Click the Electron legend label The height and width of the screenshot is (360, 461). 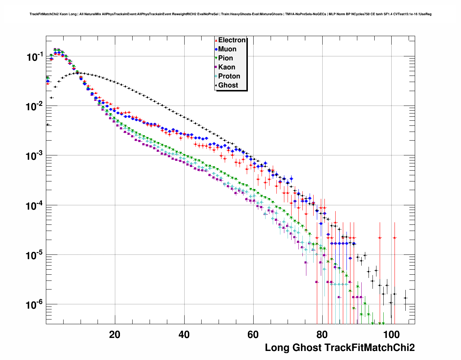click(x=232, y=40)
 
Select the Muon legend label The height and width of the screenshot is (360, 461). click(x=227, y=49)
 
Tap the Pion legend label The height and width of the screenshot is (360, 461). click(x=225, y=58)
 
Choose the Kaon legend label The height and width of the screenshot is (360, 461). click(x=227, y=67)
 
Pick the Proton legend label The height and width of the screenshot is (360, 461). click(x=229, y=76)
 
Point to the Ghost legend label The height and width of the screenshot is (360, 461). click(x=228, y=85)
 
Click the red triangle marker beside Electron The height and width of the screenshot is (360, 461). click(x=216, y=40)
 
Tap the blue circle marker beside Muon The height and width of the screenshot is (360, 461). click(x=216, y=49)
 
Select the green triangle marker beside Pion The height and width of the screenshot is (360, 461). click(x=216, y=58)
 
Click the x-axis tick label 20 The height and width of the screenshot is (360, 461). click(x=115, y=334)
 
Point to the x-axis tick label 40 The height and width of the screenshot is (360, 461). click(x=184, y=334)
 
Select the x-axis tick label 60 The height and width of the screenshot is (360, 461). click(x=253, y=334)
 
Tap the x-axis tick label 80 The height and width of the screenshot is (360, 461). click(x=322, y=334)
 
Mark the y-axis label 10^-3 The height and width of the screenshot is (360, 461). click(x=35, y=156)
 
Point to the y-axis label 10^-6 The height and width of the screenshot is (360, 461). click(x=35, y=305)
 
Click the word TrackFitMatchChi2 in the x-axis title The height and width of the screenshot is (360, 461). click(x=369, y=348)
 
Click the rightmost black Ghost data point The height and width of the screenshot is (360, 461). click(x=405, y=298)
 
